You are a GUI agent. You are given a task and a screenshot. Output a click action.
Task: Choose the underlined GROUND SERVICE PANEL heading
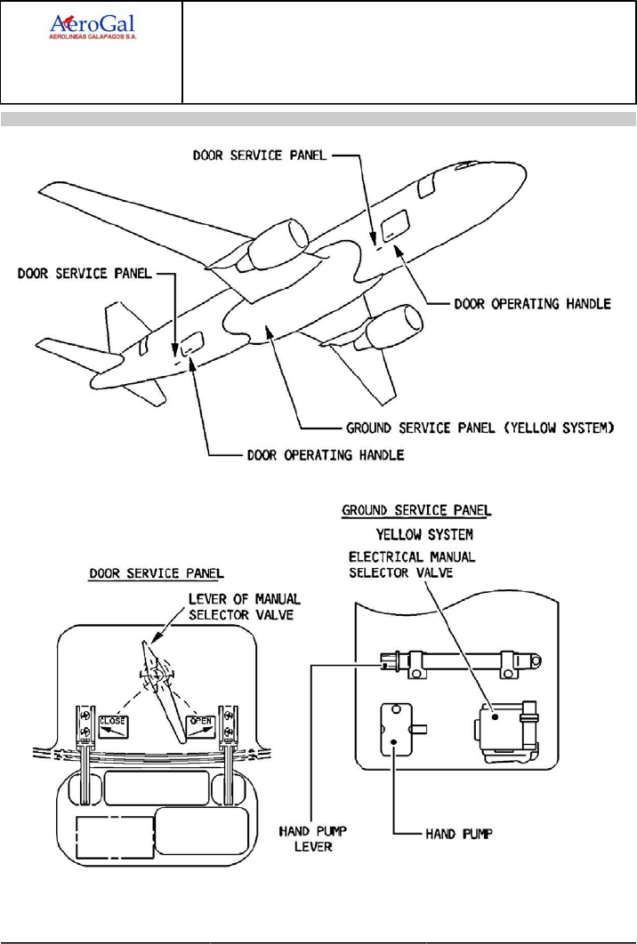(416, 511)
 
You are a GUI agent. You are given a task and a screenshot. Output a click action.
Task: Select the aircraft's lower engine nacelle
(395, 330)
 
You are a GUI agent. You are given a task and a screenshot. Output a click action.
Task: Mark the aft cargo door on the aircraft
(192, 343)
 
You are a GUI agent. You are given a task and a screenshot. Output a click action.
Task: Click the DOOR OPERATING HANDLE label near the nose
(532, 303)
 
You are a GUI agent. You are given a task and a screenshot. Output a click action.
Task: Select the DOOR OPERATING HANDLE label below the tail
(325, 455)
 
